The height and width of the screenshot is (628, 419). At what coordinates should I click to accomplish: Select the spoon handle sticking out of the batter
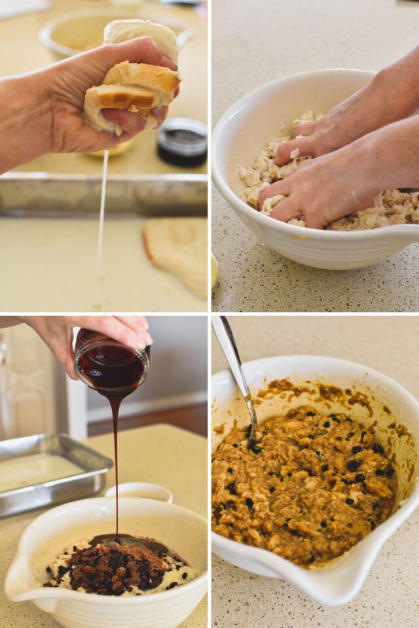coord(232,366)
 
